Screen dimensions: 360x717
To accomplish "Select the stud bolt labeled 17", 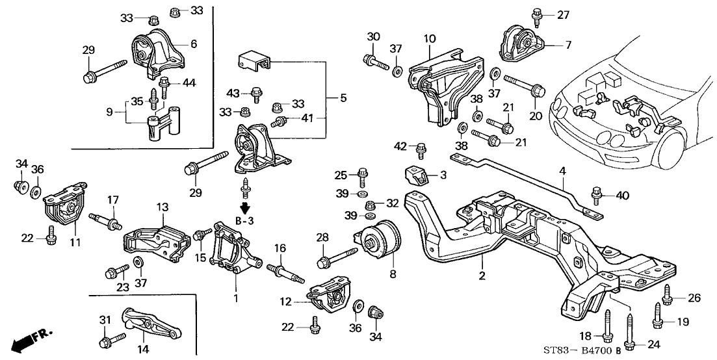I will click(x=106, y=218).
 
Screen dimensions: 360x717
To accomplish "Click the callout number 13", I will click(x=163, y=207).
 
